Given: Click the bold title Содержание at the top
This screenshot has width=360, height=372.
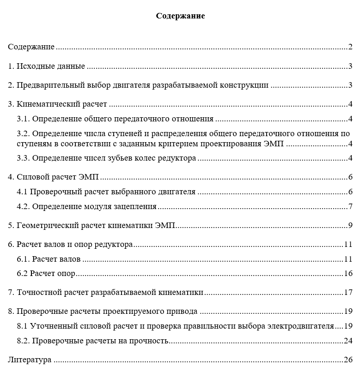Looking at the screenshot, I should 180,16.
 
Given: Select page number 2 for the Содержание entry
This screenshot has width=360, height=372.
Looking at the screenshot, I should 351,47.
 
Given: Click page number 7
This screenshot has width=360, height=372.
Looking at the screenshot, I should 351,206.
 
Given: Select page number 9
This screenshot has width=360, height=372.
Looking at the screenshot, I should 351,226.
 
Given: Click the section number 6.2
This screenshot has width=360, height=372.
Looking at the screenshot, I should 22,273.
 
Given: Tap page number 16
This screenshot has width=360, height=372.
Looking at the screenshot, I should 348,273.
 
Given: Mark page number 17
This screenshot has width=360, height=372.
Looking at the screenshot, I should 348,293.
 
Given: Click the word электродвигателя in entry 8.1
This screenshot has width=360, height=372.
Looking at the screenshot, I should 301,326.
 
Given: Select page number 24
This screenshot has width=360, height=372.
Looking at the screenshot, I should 348,341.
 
